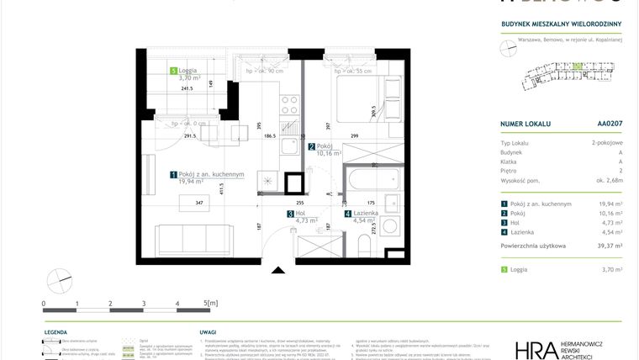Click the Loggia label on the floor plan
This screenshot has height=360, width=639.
[x=189, y=71]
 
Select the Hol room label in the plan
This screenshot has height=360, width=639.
[x=300, y=214]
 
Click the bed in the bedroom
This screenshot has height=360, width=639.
[x=362, y=98]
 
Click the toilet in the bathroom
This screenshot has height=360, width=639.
[x=363, y=245]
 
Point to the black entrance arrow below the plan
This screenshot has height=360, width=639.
[x=278, y=270]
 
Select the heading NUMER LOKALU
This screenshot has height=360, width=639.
[x=525, y=124]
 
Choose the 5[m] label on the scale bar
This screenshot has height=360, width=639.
[x=210, y=302]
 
